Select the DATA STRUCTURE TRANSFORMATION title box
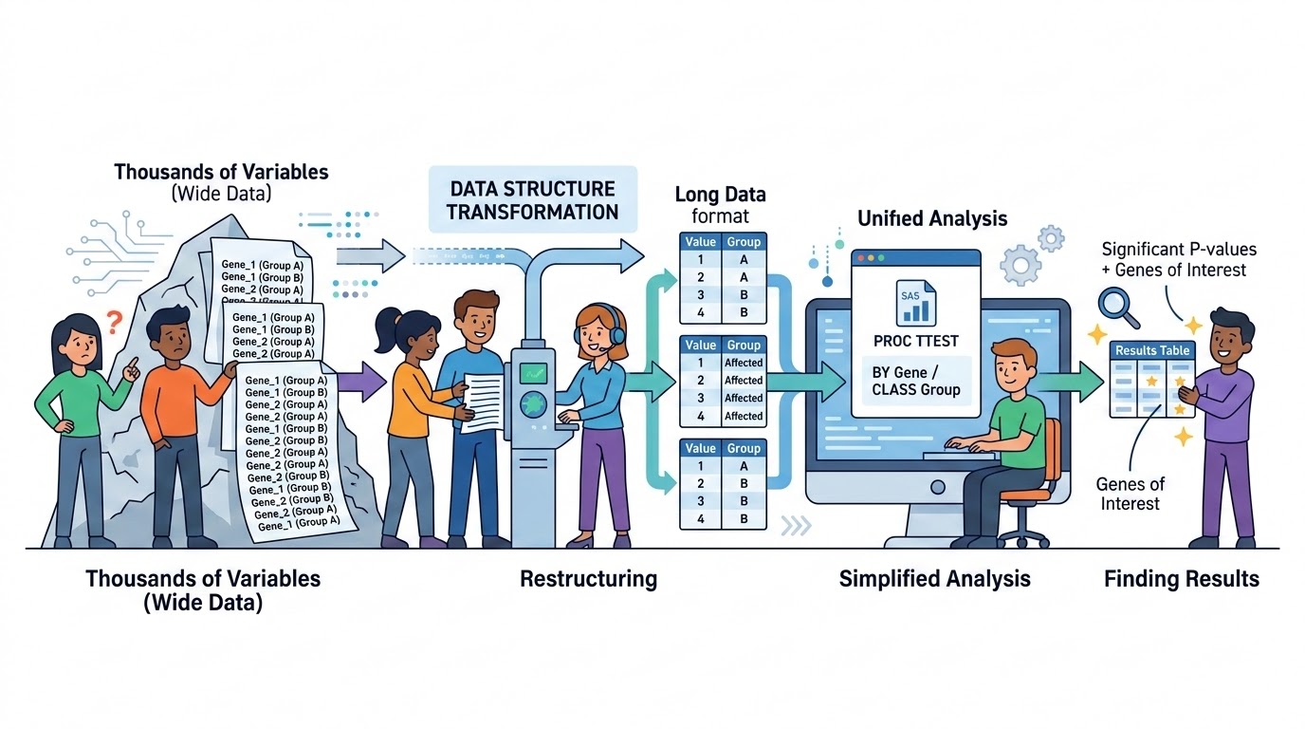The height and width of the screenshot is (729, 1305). point(531,200)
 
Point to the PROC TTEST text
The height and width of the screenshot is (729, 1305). point(915,341)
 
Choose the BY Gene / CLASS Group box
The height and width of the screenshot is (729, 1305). point(915,381)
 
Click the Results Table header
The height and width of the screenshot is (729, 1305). point(1151,350)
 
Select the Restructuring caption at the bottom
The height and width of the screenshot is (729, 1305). point(588,579)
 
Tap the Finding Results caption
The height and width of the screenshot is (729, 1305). point(1181,579)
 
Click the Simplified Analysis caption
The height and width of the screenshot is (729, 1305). point(934,579)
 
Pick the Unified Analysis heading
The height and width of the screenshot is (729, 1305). point(931,218)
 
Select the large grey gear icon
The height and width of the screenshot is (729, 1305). point(1020,264)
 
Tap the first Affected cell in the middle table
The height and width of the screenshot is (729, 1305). point(744,363)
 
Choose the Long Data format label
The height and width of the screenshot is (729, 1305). point(720,205)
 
